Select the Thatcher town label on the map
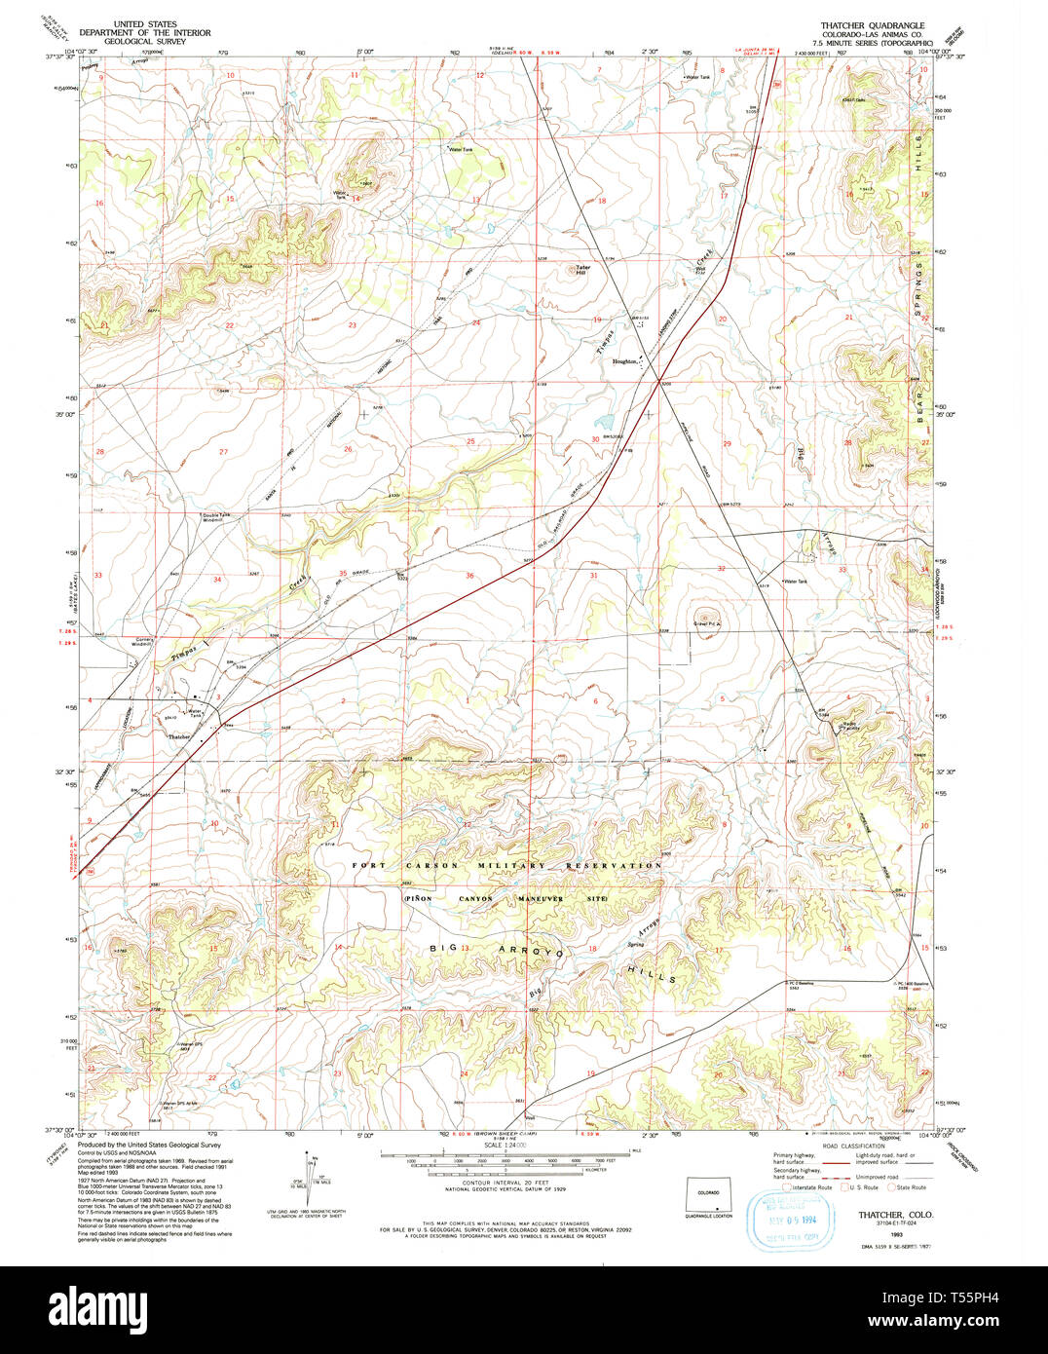pos(179,737)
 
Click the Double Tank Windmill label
pos(215,517)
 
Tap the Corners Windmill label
pos(142,641)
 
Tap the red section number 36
pos(469,576)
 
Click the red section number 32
pos(721,568)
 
